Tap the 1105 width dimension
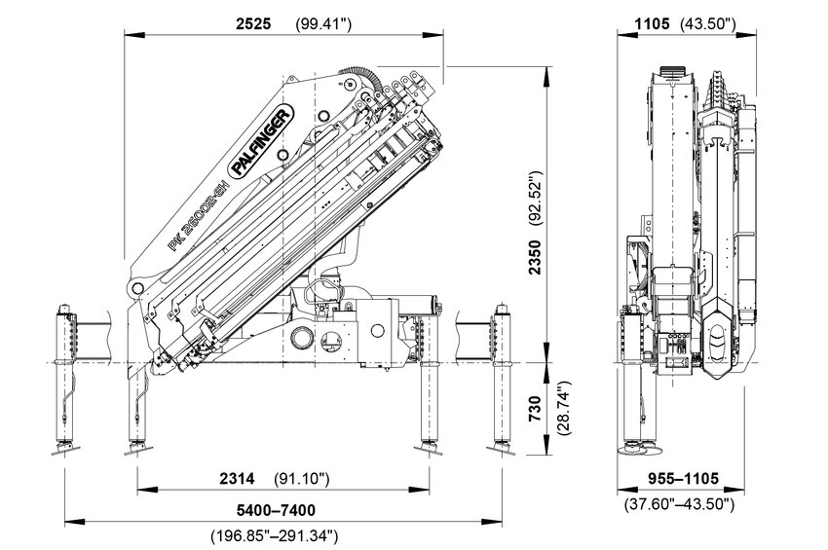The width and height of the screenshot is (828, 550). point(651,23)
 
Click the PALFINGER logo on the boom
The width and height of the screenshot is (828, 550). point(259,143)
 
